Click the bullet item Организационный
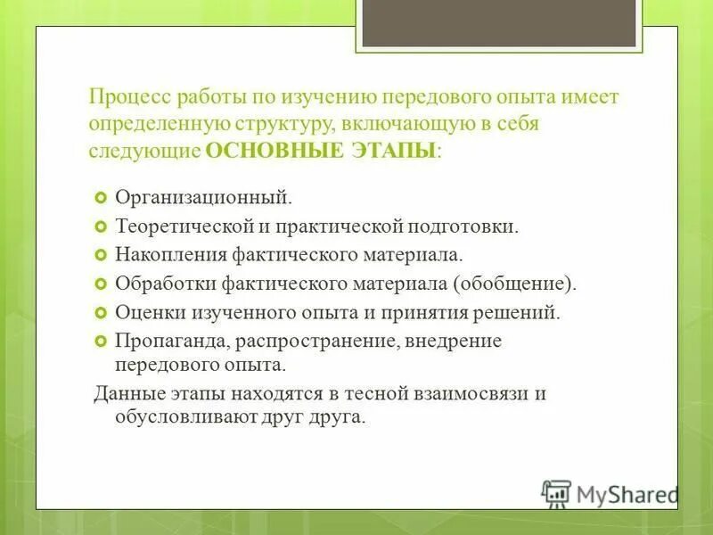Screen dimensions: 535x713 click(202, 195)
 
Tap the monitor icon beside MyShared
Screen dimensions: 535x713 click(556, 493)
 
